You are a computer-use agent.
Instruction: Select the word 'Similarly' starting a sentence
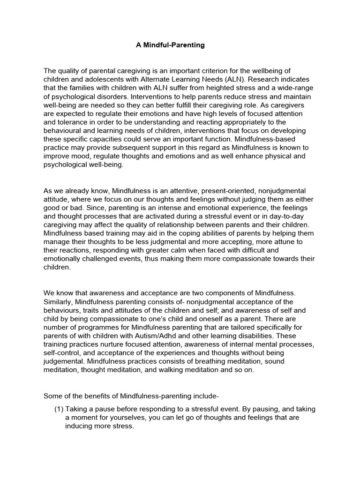(x=58, y=301)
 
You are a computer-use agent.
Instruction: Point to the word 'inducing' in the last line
(x=79, y=426)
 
